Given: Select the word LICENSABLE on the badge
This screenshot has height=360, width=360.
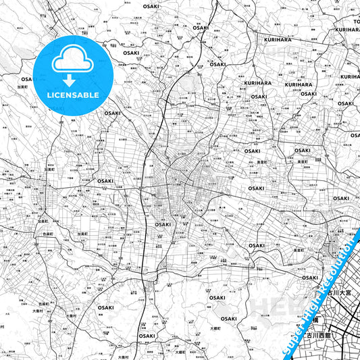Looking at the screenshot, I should coord(73,95).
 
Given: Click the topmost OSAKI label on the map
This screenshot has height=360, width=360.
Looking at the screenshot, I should coord(152,6).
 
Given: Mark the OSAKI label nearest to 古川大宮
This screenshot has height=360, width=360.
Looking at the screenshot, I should coord(309,278).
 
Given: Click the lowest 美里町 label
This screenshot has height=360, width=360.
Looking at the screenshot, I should coord(298,250).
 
